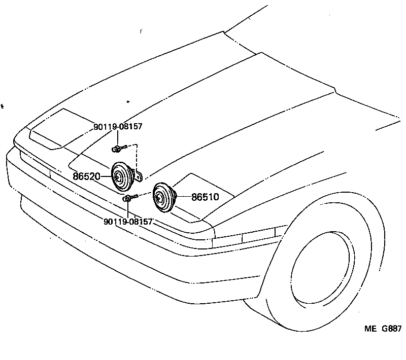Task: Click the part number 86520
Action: [x=86, y=176]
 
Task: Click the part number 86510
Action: [x=205, y=197]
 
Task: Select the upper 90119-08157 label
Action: [x=117, y=126]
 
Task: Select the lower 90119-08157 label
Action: [x=128, y=222]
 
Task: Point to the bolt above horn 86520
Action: [x=118, y=149]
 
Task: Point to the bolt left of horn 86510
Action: [x=129, y=198]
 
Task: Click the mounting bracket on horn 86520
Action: [x=138, y=175]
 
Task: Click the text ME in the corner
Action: [x=369, y=329]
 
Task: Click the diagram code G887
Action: [x=392, y=329]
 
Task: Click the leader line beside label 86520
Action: [x=105, y=176]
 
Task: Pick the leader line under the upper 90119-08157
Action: [x=118, y=137]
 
